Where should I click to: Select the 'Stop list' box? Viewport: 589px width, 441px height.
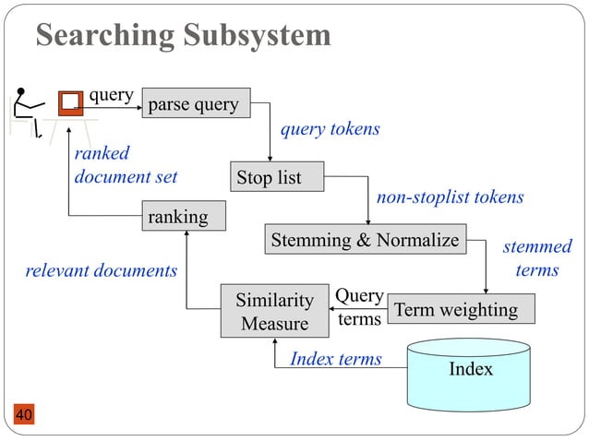click(279, 177)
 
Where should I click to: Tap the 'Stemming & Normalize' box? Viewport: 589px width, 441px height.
click(365, 240)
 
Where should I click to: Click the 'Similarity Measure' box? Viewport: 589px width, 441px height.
click(274, 312)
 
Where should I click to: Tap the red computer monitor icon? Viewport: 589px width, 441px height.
click(69, 102)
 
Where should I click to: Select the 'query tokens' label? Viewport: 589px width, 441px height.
click(330, 129)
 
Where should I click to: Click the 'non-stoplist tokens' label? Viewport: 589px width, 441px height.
click(450, 197)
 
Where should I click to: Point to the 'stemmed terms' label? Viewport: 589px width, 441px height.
click(536, 258)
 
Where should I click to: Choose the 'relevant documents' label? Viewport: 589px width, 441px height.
click(101, 271)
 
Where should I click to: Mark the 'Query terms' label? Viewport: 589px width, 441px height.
click(359, 307)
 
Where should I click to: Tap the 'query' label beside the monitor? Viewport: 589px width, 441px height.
click(112, 94)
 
